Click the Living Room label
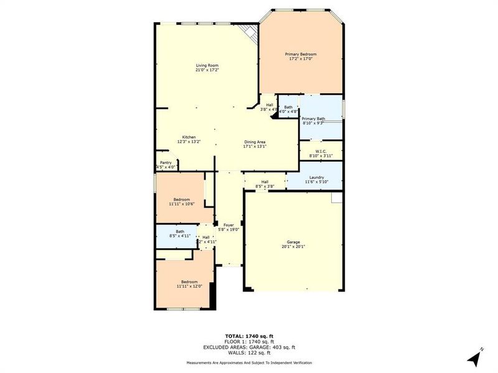(x=207, y=68)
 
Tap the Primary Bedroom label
(x=301, y=57)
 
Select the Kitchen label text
(x=189, y=139)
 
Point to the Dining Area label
(x=255, y=144)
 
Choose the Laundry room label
(x=314, y=179)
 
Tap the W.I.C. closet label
(x=321, y=153)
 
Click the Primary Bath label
(x=313, y=121)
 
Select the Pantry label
(x=166, y=165)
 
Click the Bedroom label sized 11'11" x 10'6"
(x=181, y=201)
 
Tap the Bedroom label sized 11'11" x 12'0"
(x=189, y=283)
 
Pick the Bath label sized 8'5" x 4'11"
(x=180, y=234)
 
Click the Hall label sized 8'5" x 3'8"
(x=265, y=183)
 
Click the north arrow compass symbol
(x=475, y=357)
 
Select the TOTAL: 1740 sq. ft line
(x=249, y=336)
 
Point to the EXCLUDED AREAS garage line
(x=249, y=347)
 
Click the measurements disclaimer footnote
(x=249, y=362)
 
